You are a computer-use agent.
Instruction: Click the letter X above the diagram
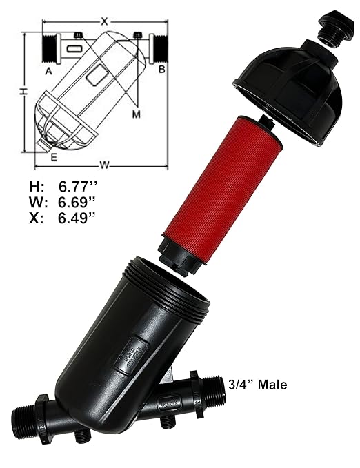pos(104,21)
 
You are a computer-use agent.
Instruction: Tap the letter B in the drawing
pos(161,70)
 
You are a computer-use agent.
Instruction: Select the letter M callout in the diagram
pos(137,113)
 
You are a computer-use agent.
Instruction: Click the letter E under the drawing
pos(53,157)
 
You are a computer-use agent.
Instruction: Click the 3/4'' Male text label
pos(257,385)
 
